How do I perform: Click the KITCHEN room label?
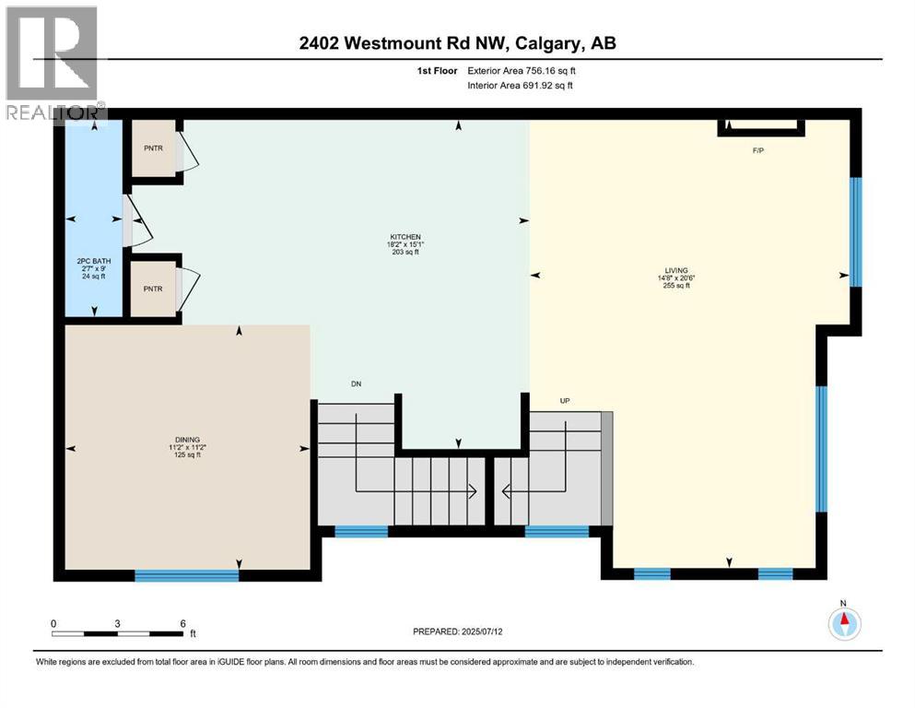[405, 236]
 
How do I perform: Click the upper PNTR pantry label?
[153, 147]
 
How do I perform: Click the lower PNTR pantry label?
[153, 289]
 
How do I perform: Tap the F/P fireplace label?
[758, 150]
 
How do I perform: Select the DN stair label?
[356, 383]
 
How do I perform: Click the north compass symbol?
[843, 622]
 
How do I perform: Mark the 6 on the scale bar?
[184, 623]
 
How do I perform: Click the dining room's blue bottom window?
[187, 576]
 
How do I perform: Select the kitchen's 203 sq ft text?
[405, 252]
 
